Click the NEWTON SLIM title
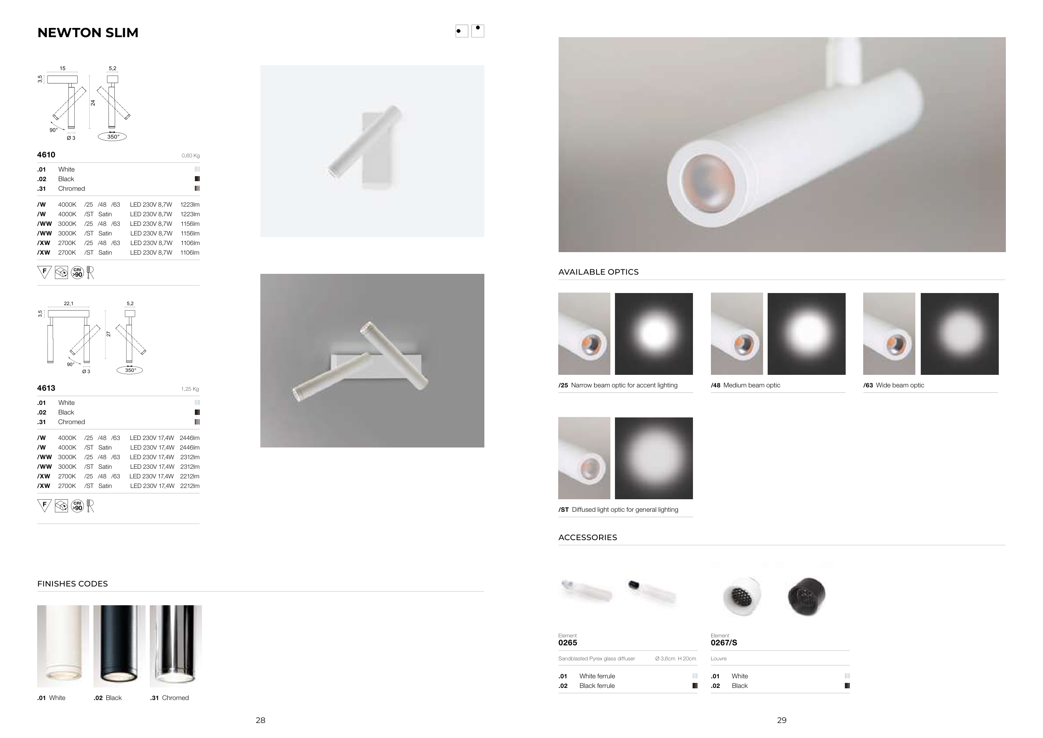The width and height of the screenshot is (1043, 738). (x=88, y=33)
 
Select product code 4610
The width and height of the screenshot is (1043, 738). (x=46, y=154)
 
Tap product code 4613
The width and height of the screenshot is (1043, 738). (x=46, y=388)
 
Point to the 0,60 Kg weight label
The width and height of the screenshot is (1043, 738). (x=190, y=155)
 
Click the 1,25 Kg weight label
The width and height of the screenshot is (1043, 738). (x=190, y=389)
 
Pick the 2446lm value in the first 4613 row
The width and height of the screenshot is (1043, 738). (x=189, y=438)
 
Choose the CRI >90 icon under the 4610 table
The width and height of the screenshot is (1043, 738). (x=78, y=273)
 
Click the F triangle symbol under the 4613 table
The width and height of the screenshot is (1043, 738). (x=44, y=505)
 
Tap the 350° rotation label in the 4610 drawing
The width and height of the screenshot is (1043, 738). (x=113, y=137)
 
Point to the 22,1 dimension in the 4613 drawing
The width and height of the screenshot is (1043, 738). (x=68, y=303)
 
